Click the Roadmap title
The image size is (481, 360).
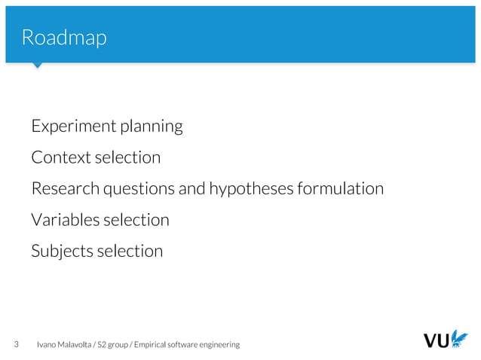click(64, 37)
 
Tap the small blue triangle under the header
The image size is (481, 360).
click(37, 66)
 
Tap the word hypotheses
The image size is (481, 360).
click(250, 189)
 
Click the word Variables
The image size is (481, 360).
click(63, 220)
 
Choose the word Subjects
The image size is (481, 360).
click(61, 251)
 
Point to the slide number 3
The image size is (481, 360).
click(17, 344)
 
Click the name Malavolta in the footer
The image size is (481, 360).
click(72, 345)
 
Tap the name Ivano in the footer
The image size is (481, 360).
click(46, 344)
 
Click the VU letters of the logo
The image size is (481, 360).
click(437, 341)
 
